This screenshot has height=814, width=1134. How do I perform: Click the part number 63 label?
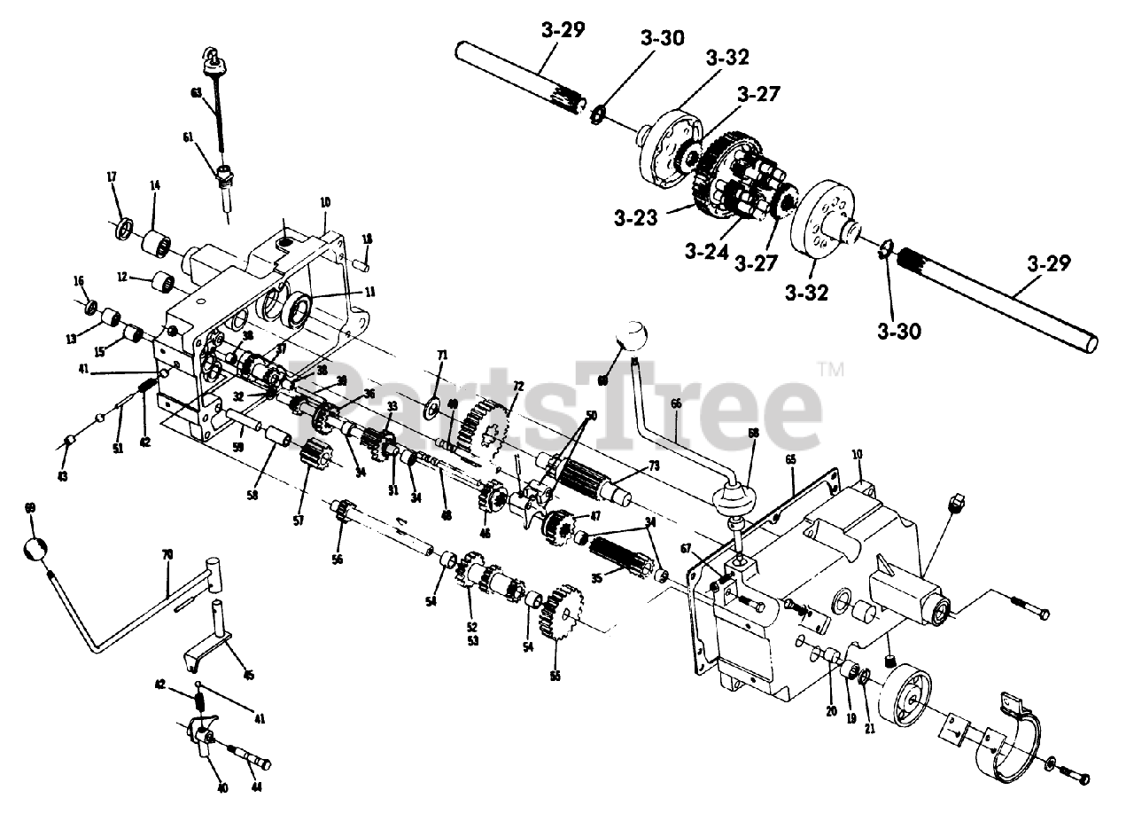(196, 92)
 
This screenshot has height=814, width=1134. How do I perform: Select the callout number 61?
(188, 137)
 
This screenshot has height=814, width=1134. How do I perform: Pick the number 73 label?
(654, 466)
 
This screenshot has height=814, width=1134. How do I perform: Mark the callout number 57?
(299, 520)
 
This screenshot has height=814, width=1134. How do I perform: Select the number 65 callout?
(791, 460)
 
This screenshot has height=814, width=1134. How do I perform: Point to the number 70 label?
(167, 554)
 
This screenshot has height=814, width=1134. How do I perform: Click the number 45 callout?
(248, 676)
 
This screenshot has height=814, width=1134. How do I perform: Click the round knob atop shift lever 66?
(634, 340)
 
